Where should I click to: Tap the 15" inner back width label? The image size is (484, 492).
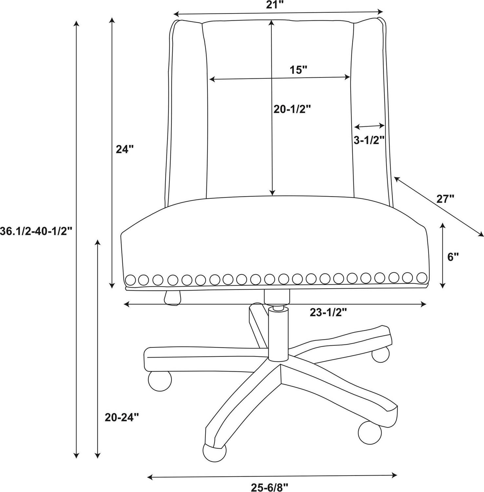pos(299,70)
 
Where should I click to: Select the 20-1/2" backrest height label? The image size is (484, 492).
pos(292,110)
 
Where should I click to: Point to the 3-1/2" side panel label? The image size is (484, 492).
pos(369,140)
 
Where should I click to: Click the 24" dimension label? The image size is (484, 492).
pos(125,149)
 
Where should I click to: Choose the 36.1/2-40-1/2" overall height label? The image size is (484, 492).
pos(36,231)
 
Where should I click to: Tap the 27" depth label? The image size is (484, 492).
pos(445,199)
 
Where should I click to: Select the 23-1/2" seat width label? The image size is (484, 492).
pos(328,313)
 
